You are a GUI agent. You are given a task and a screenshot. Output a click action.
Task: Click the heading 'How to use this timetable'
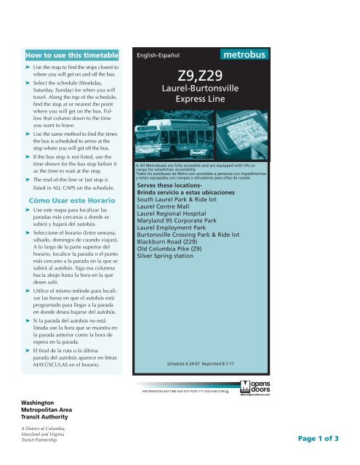coord(70,54)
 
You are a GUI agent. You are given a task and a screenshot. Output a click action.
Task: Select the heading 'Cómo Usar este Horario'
coord(71,199)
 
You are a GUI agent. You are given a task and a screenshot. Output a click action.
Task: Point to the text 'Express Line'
coord(193,102)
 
